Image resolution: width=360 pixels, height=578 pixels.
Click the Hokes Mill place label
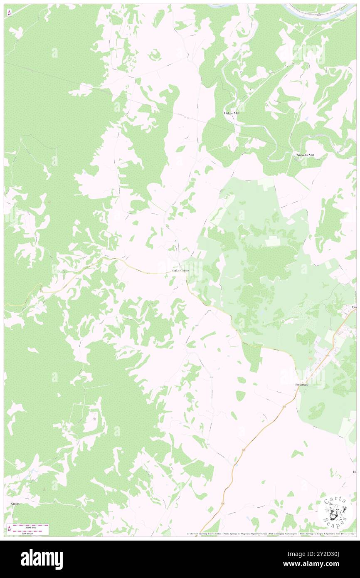pyautogui.click(x=232, y=113)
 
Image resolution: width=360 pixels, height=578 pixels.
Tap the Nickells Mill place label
pyautogui.click(x=306, y=155)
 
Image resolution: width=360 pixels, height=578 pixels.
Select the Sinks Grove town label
pyautogui.click(x=180, y=271)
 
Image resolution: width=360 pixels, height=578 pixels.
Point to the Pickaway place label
pyautogui.click(x=301, y=385)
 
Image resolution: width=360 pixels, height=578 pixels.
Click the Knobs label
pyautogui.click(x=15, y=503)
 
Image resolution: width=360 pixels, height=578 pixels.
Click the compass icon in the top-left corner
pyautogui.click(x=10, y=12)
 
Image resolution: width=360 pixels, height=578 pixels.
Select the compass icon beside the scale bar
pyautogui.click(x=10, y=529)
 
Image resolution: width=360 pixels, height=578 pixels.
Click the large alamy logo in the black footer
pyautogui.click(x=42, y=559)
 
